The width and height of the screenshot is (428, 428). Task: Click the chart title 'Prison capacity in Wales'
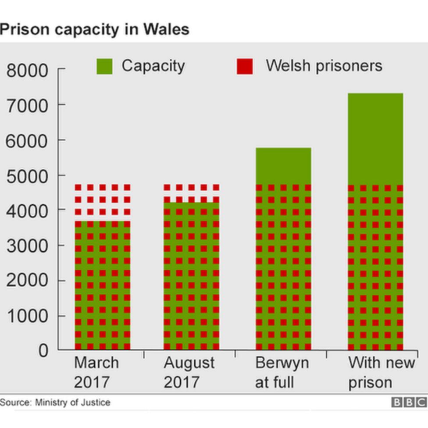[94, 29]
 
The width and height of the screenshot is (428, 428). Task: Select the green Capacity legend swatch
[104, 66]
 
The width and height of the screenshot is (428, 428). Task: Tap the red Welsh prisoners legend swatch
[244, 66]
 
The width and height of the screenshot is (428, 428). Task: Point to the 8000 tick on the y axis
[27, 70]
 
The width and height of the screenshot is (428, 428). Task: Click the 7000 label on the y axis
[27, 105]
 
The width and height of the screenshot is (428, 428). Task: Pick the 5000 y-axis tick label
[27, 176]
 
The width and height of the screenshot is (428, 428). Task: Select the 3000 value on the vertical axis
[27, 246]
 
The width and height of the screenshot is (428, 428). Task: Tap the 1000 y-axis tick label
[27, 316]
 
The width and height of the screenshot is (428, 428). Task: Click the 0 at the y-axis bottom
[43, 351]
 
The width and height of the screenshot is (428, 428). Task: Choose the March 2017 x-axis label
[96, 372]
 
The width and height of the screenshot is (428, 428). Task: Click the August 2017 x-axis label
[189, 372]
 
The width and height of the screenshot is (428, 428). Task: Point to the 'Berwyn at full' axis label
[282, 372]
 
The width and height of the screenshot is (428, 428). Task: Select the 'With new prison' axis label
[381, 372]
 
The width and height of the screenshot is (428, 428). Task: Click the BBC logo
[409, 402]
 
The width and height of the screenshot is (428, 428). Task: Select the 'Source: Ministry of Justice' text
[55, 402]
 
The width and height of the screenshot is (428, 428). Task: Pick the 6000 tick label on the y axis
[27, 141]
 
